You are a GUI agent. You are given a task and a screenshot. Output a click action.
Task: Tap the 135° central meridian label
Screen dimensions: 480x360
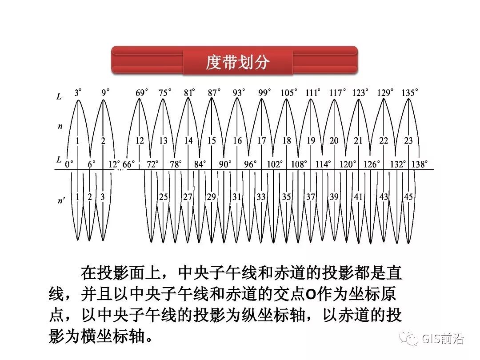[x=410, y=93]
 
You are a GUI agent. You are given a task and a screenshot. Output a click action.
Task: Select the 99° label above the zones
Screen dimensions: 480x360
[x=264, y=93]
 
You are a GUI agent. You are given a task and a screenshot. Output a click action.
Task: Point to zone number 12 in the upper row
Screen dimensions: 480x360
[x=140, y=141]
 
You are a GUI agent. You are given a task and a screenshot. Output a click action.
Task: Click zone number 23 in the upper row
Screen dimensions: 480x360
[x=408, y=141]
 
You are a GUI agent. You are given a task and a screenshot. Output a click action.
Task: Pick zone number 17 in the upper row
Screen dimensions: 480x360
[x=262, y=141]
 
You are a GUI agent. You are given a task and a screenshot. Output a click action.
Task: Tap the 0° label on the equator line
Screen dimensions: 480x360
[x=69, y=164]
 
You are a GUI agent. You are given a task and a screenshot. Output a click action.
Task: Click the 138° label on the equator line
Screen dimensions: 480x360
[x=420, y=164]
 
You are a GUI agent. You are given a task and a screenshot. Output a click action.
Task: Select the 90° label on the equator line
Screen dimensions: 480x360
[x=225, y=164]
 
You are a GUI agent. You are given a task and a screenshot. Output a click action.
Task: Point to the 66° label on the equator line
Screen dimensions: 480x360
[x=129, y=164]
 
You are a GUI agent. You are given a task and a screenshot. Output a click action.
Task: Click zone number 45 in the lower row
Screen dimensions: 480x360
[x=408, y=197]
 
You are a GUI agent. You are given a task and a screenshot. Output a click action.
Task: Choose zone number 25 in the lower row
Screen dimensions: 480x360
[x=164, y=197]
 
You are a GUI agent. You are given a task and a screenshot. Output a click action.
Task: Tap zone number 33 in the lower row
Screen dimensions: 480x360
[x=261, y=197]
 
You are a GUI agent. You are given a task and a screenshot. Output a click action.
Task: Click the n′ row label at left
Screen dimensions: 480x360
[x=61, y=200]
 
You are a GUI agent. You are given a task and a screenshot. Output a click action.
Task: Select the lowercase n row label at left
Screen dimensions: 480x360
[x=60, y=126]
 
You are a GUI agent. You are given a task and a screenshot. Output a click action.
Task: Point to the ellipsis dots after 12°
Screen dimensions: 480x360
[x=120, y=169]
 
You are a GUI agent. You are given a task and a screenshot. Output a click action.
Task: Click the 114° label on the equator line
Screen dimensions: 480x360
[x=323, y=164]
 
